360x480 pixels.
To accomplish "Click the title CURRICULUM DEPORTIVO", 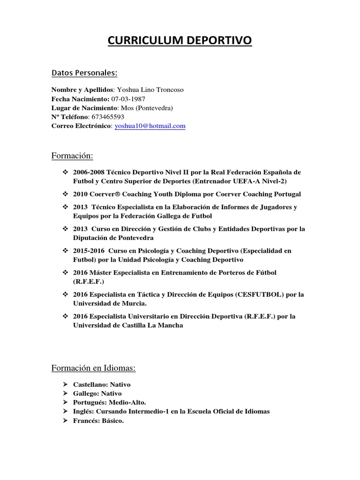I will (180, 41).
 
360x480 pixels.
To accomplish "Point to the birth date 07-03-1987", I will (128, 98).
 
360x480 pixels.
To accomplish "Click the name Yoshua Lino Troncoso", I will (150, 90).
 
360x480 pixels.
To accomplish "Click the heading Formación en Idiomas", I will (93, 368).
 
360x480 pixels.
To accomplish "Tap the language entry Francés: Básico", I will (98, 420).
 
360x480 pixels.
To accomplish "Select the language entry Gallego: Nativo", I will (97, 393).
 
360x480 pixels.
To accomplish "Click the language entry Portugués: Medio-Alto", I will (110, 402).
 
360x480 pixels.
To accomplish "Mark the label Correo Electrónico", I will (81, 126).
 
